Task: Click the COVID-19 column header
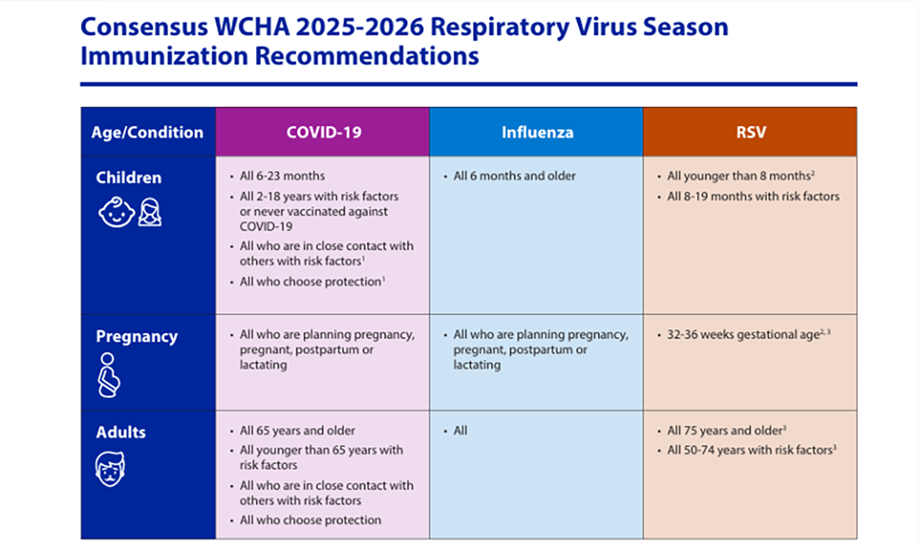point(324,132)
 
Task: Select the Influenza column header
point(538,132)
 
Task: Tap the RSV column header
point(751,132)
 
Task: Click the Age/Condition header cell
point(147,133)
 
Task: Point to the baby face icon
point(116,212)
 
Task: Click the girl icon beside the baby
point(150,212)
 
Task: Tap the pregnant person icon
point(109,375)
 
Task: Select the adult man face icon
point(110,469)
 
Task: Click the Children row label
point(129,178)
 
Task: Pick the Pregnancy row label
point(137,337)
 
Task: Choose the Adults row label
point(120,432)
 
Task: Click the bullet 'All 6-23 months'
point(283,176)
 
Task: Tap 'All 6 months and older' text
point(515,176)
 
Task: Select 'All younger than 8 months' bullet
point(741,176)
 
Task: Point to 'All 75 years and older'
point(726,430)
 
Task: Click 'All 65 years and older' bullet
point(297,431)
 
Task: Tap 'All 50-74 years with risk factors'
point(752,450)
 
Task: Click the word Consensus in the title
point(144,27)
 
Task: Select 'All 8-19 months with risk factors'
point(754,197)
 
